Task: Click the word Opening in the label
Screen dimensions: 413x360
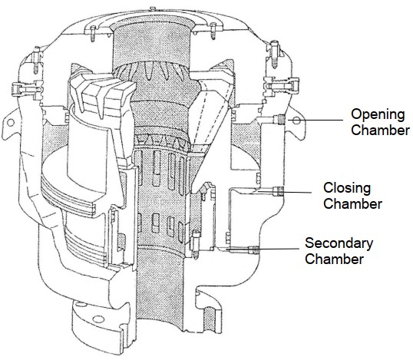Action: pos(378,115)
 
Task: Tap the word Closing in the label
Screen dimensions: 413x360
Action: pos(347,188)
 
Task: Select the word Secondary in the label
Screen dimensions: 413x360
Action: pos(339,243)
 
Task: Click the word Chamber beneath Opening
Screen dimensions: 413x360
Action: pos(380,130)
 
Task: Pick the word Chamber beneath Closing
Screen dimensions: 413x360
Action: pos(352,204)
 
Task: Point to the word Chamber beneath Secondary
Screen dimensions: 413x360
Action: pos(334,259)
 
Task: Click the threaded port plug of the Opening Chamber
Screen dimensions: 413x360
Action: pos(281,119)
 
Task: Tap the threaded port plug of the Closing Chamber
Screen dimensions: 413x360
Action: pos(279,191)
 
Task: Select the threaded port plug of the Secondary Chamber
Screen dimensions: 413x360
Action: pos(254,249)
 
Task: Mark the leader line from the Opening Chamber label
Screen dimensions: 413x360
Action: pos(316,120)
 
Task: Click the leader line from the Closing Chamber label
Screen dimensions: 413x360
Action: pos(297,192)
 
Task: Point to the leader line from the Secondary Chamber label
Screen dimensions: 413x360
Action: pos(279,249)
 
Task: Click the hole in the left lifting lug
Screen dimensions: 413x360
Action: pos(11,122)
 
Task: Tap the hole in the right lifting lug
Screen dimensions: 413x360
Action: pos(296,121)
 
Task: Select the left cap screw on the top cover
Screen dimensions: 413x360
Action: pos(93,33)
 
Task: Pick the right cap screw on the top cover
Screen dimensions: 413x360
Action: pos(213,31)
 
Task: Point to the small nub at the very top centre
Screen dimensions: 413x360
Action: pos(152,8)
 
